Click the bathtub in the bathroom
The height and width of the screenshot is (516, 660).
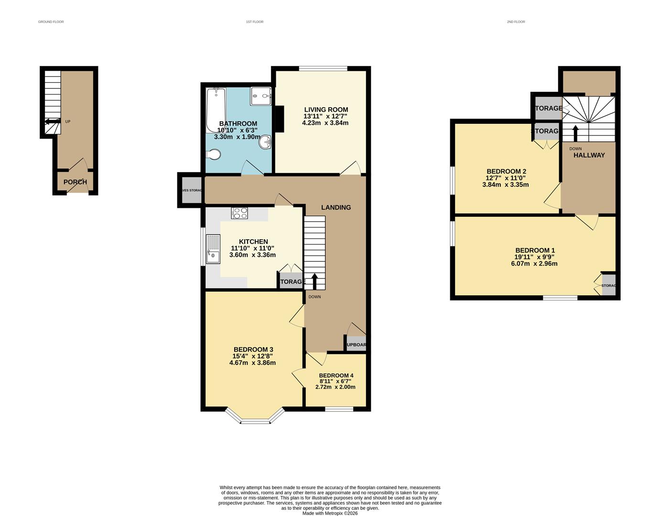[x=216, y=110]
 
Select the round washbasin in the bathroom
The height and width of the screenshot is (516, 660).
[x=265, y=142]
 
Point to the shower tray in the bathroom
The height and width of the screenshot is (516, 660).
[x=260, y=96]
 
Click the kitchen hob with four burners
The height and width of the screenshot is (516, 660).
[x=239, y=213]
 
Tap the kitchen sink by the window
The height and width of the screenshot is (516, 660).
[x=213, y=249]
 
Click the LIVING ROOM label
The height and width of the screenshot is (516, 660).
[x=326, y=109]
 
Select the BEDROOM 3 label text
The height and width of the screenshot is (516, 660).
[x=253, y=349]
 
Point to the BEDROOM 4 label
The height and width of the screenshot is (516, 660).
[x=336, y=376]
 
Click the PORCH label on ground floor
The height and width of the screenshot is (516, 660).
[x=75, y=182]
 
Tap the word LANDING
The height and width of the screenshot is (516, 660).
[x=335, y=207]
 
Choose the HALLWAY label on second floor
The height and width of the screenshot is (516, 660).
[x=589, y=155]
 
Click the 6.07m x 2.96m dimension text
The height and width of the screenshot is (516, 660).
[x=534, y=263]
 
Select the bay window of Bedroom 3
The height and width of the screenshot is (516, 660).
[x=255, y=419]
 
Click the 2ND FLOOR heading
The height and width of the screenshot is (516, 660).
[x=516, y=22]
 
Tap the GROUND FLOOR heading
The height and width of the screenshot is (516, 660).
[x=51, y=22]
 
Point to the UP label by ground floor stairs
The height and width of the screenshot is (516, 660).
[x=67, y=122]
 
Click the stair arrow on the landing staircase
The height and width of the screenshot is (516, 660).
[x=314, y=281]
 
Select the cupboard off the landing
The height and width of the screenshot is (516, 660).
[x=356, y=344]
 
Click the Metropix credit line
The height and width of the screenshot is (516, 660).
[x=330, y=513]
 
